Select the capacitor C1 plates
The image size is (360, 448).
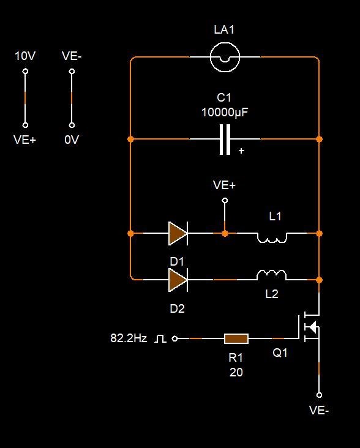[225, 140]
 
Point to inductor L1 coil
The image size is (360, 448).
[272, 237]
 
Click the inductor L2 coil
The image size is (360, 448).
[271, 275]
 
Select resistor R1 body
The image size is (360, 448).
[236, 338]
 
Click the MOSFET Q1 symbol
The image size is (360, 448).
[309, 328]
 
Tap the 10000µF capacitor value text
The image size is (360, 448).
[225, 112]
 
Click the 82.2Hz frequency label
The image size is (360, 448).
[129, 338]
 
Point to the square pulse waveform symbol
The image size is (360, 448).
[160, 339]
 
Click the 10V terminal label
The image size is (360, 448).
[25, 56]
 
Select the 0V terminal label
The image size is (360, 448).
[72, 140]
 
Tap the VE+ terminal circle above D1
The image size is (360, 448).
[225, 200]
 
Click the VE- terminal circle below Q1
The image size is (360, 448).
[319, 395]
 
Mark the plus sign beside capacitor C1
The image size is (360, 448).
[241, 151]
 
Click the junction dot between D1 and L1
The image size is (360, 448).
[225, 233]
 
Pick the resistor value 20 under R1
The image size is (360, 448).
[236, 372]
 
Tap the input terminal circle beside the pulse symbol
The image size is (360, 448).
[174, 338]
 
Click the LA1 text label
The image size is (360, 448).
[224, 30]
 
